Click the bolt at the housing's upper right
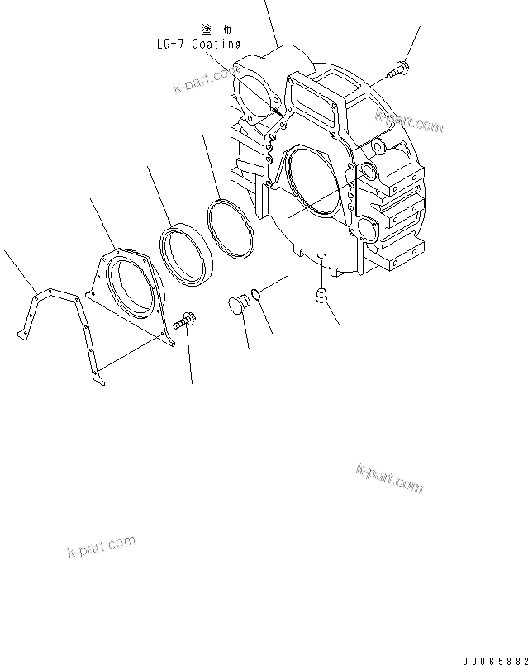point(397,71)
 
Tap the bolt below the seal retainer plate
point(184,320)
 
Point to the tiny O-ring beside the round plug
point(259,293)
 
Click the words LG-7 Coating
point(197,45)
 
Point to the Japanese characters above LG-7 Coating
point(210,28)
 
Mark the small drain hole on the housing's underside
point(321,257)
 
